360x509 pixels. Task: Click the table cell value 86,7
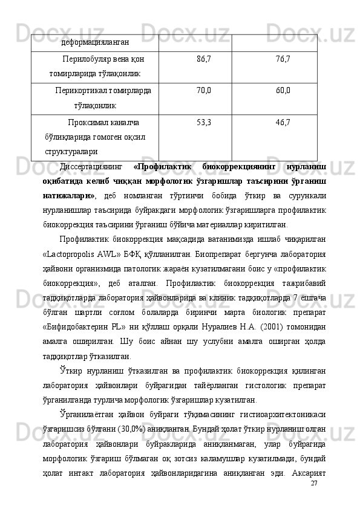204,59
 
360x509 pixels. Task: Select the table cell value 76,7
282,59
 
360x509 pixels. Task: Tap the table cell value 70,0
204,91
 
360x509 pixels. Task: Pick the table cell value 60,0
282,91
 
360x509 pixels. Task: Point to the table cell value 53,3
204,123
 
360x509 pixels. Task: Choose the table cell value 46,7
282,123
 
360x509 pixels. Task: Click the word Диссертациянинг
91,166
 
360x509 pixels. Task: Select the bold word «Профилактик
162,166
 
